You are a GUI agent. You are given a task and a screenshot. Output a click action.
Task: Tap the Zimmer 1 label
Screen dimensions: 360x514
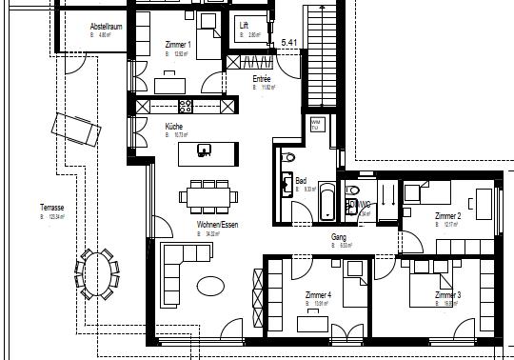(x=178, y=45)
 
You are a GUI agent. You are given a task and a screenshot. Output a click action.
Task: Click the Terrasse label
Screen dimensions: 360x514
(x=51, y=208)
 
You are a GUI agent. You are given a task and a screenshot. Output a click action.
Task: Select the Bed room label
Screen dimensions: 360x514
(x=301, y=180)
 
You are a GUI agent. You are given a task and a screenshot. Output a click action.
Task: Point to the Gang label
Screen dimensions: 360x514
(x=338, y=236)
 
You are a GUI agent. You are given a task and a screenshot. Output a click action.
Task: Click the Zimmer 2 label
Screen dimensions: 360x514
(x=447, y=217)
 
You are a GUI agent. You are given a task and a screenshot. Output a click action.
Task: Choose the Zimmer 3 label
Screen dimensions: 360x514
(x=447, y=296)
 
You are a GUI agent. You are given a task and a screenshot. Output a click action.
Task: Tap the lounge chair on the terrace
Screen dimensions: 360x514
(x=76, y=127)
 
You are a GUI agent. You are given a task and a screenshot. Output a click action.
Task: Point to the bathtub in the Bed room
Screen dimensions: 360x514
(x=326, y=201)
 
